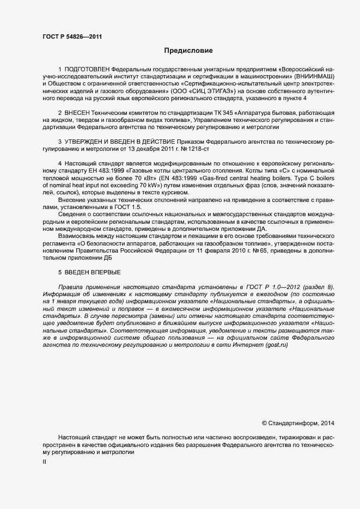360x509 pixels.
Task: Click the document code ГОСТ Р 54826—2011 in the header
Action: tap(72, 37)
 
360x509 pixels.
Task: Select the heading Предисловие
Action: tap(188, 51)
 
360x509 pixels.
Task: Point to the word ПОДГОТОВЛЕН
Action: tap(87, 70)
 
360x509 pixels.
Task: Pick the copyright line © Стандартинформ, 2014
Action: tap(298, 423)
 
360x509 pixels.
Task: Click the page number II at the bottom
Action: tap(45, 462)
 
